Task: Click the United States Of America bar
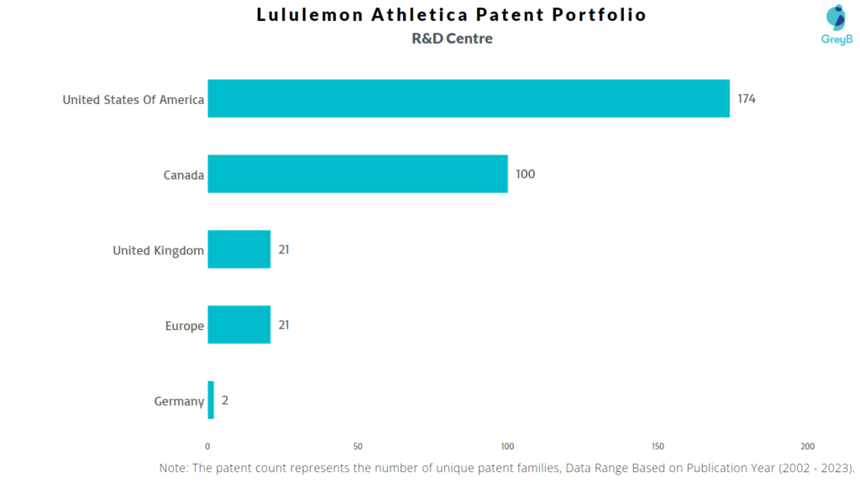point(469,99)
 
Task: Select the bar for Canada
point(358,174)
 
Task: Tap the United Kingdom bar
point(239,249)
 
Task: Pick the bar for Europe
point(239,325)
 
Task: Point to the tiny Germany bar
point(211,400)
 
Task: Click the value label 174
point(747,99)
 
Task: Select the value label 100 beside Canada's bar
point(525,175)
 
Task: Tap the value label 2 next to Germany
point(225,401)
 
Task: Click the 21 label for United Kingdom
point(284,250)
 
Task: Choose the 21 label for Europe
point(284,325)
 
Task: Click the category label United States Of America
point(133,100)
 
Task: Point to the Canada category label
point(184,176)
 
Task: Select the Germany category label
point(179,401)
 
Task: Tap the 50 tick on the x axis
point(358,446)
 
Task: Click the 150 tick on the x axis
point(658,446)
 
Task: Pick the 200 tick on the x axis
point(807,446)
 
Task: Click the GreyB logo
point(836,26)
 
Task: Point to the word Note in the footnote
point(174,467)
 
